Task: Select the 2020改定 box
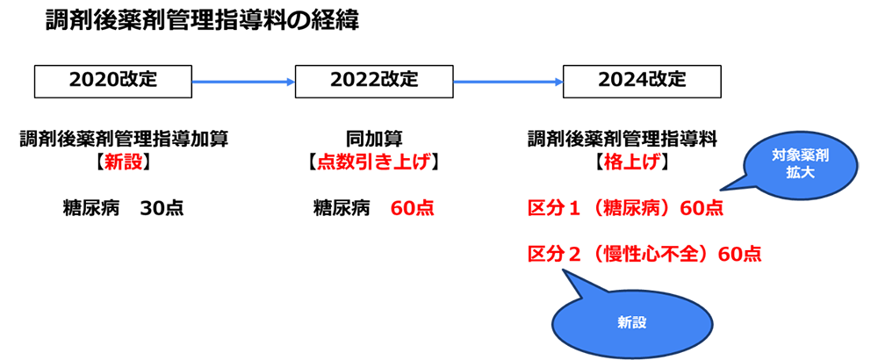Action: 112,81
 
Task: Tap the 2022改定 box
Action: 374,81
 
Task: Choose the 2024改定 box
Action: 642,81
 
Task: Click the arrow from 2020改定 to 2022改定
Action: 243,82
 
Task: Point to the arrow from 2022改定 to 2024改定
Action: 507,82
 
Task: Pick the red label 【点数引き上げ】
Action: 373,162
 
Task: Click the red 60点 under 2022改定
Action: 412,209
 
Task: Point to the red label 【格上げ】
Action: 629,162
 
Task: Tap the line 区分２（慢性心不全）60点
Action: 644,255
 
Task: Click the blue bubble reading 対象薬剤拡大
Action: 799,163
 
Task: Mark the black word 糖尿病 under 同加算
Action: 342,209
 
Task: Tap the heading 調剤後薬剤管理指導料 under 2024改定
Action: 623,139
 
